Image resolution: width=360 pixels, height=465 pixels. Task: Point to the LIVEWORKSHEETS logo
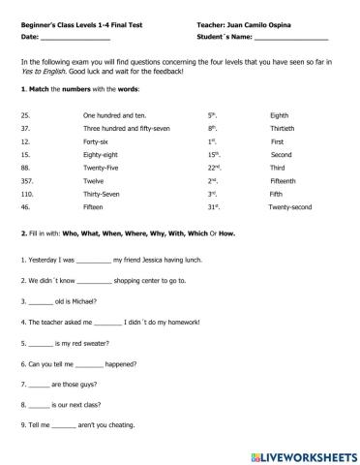coord(303,453)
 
